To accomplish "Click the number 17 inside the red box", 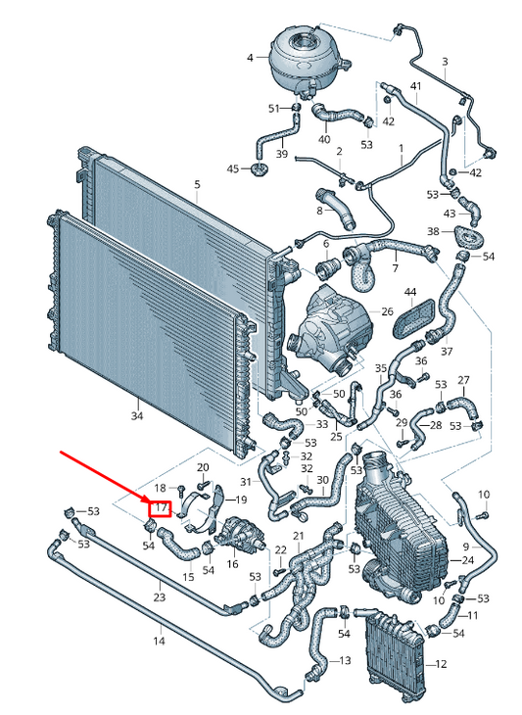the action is pyautogui.click(x=160, y=507).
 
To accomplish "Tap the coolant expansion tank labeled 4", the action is pyautogui.click(x=308, y=60).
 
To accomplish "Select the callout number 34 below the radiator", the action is pyautogui.click(x=137, y=416).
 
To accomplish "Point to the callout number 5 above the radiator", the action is pyautogui.click(x=197, y=185).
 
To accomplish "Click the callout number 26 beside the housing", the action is pyautogui.click(x=387, y=311).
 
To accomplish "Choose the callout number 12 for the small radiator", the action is pyautogui.click(x=441, y=664).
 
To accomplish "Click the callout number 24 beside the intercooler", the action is pyautogui.click(x=468, y=560).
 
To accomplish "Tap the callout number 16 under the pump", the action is pyautogui.click(x=232, y=564).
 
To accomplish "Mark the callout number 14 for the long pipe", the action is pyautogui.click(x=159, y=642).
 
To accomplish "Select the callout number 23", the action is pyautogui.click(x=159, y=596).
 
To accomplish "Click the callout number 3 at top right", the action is pyautogui.click(x=445, y=62).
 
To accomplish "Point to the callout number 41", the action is pyautogui.click(x=416, y=86).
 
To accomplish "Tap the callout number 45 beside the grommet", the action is pyautogui.click(x=233, y=169).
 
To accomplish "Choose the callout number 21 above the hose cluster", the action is pyautogui.click(x=298, y=536).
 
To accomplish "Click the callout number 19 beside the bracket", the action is pyautogui.click(x=241, y=500).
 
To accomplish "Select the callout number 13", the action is pyautogui.click(x=345, y=661).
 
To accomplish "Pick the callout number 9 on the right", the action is pyautogui.click(x=466, y=547).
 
